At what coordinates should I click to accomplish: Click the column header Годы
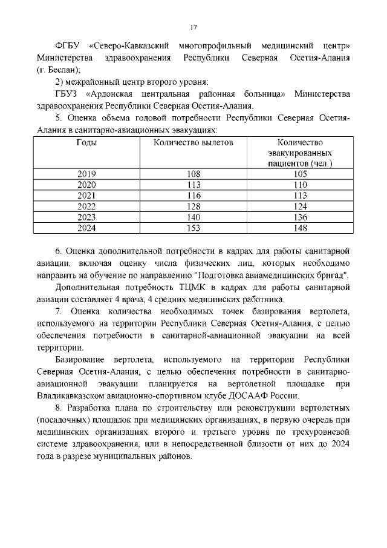tap(86, 143)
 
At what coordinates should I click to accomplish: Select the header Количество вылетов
tap(193, 143)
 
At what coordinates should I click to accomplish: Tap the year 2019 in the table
tap(86, 174)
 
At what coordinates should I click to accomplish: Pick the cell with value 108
tap(193, 174)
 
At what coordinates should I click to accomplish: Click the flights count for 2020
tap(193, 185)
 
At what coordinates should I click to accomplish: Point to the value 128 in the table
tap(193, 206)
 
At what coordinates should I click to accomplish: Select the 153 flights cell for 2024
tap(193, 228)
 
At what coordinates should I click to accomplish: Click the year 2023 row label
tap(86, 217)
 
